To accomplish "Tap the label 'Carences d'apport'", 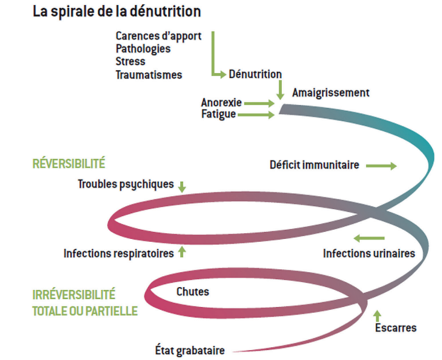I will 159,36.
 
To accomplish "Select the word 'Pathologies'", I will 143,49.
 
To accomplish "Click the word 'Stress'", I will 131,61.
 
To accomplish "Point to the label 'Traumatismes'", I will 149,74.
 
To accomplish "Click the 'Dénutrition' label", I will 255,74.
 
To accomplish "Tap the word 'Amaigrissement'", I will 331,92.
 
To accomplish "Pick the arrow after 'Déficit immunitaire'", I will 380,166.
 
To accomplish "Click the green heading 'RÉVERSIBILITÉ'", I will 69,164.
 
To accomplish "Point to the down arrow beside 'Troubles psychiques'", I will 182,186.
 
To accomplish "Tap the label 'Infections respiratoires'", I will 119,253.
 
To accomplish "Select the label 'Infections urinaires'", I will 369,253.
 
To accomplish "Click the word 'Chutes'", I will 193,292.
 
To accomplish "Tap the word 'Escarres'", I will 396,328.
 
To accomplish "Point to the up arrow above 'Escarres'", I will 377,315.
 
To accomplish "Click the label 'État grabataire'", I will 190,350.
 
